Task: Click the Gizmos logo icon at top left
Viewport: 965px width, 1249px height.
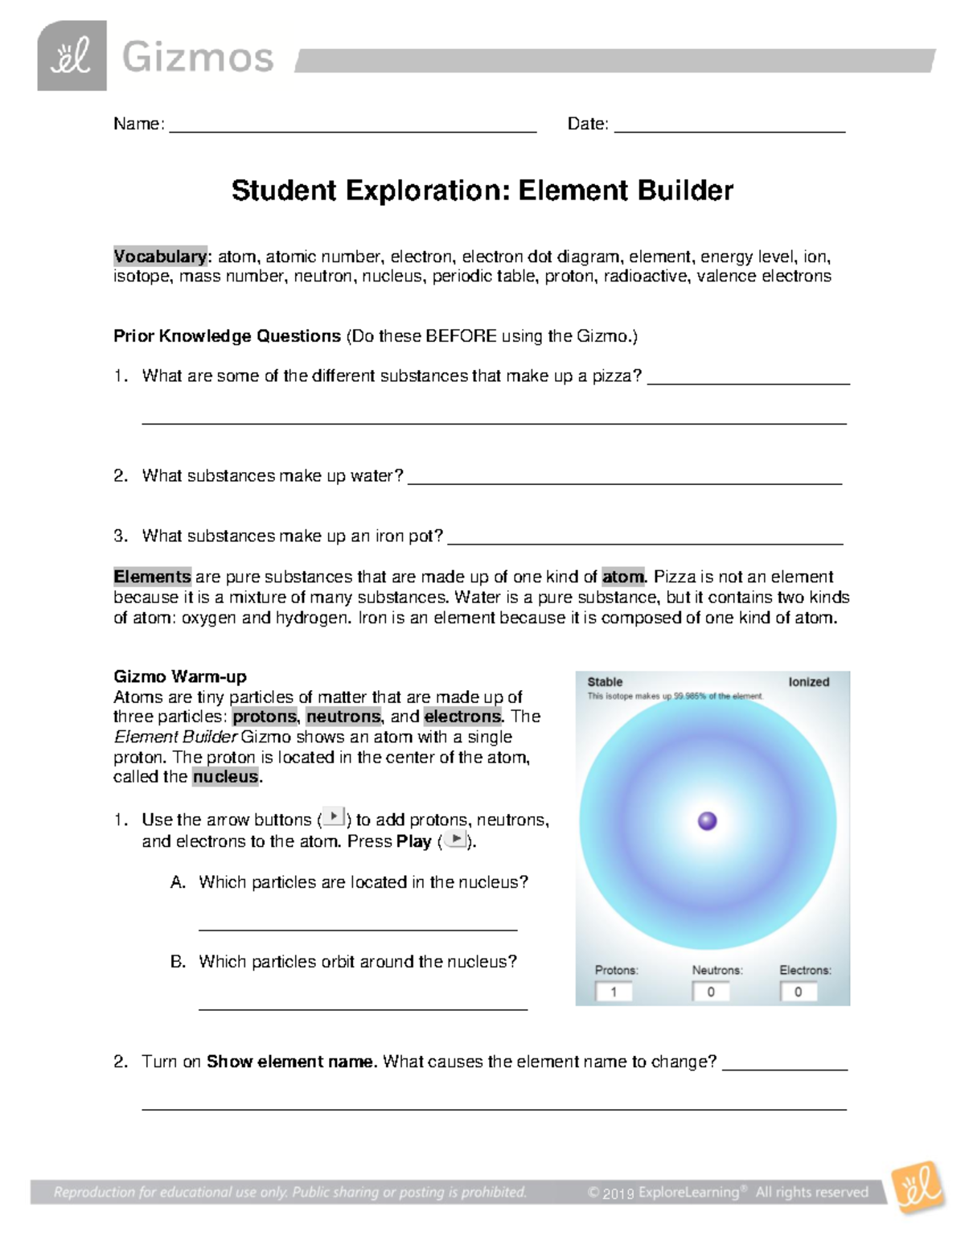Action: (72, 56)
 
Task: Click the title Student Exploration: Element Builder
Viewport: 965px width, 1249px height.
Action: (482, 191)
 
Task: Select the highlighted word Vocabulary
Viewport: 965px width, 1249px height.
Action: (160, 257)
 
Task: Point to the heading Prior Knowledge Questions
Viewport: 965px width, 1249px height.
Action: (227, 336)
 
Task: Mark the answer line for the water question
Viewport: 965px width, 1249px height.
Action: (624, 481)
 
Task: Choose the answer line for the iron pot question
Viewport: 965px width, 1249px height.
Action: (645, 541)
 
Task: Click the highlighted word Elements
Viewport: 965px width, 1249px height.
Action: (152, 577)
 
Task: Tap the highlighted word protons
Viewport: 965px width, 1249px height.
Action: (265, 717)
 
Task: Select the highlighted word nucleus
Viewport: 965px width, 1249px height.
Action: (226, 777)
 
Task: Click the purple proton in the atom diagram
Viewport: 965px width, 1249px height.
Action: (708, 820)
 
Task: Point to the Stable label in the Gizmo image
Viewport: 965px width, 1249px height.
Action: (605, 682)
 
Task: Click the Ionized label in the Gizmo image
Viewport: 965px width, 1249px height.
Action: (808, 682)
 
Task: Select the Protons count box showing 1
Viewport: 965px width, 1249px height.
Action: (614, 992)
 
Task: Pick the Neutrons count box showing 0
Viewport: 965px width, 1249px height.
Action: (711, 992)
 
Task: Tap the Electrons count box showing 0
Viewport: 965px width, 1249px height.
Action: (799, 992)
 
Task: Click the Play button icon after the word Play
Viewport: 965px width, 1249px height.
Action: (455, 840)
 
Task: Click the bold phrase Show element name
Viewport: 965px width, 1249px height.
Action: (291, 1062)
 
